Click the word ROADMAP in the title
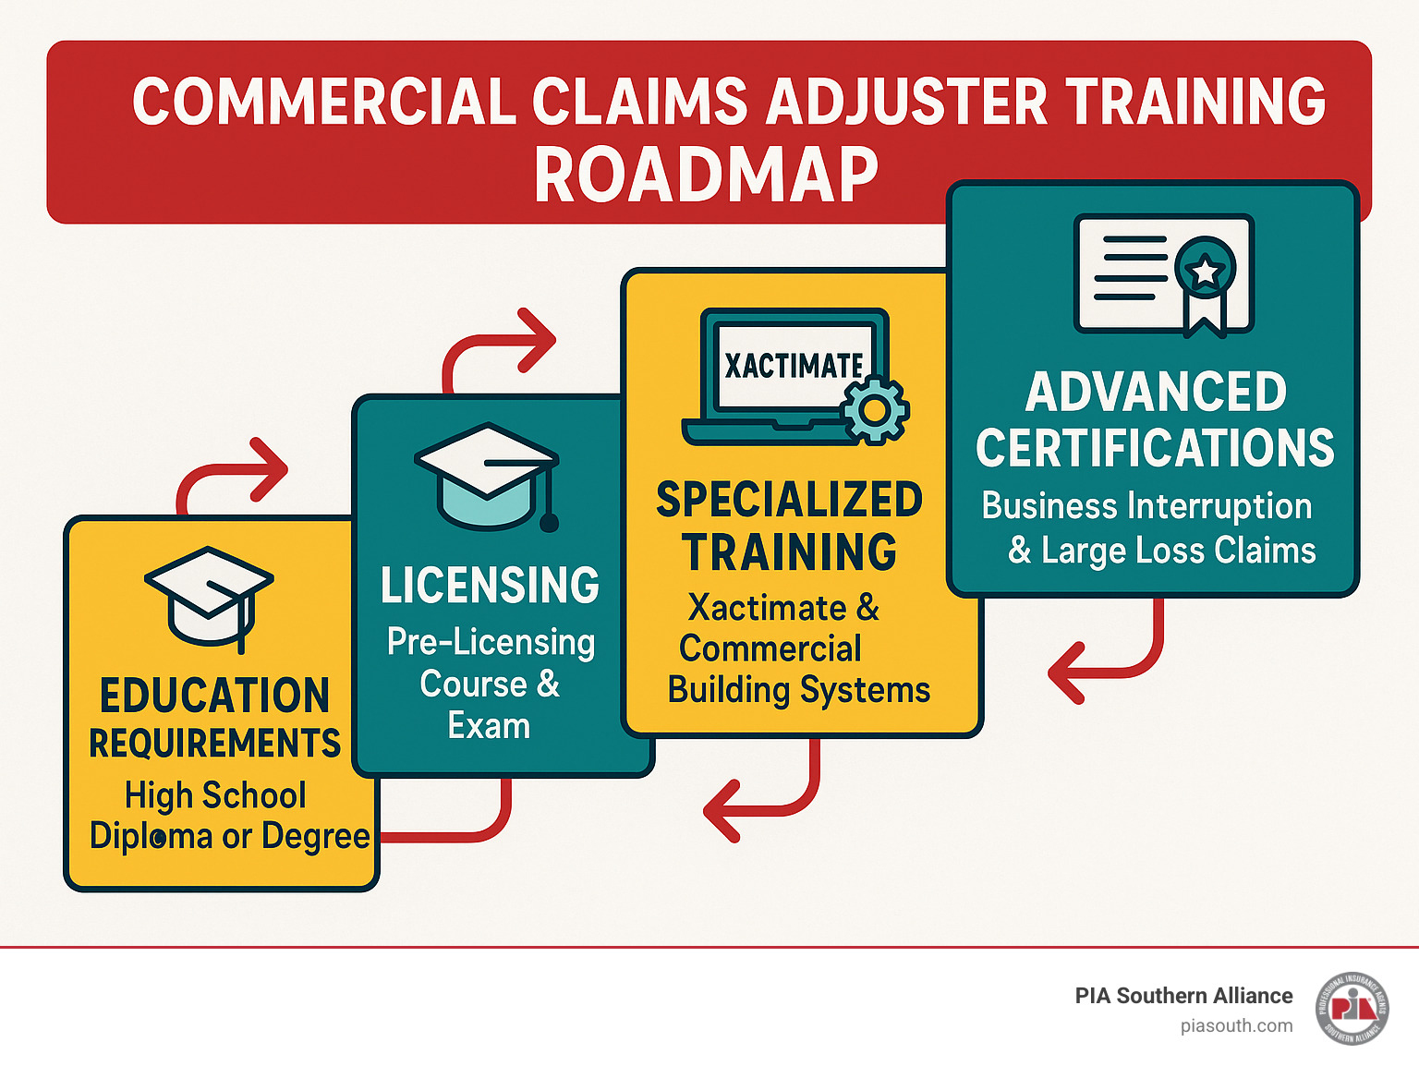706,175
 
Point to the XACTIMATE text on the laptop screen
794,366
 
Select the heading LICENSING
490,586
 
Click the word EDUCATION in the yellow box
214,696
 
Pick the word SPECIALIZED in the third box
789,500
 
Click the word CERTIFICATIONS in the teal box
1155,448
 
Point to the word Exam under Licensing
489,726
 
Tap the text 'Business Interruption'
1146,506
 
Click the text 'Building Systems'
799,690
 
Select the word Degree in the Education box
316,836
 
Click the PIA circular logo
1352,1008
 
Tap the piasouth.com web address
1236,1025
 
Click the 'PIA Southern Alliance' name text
1183,996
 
